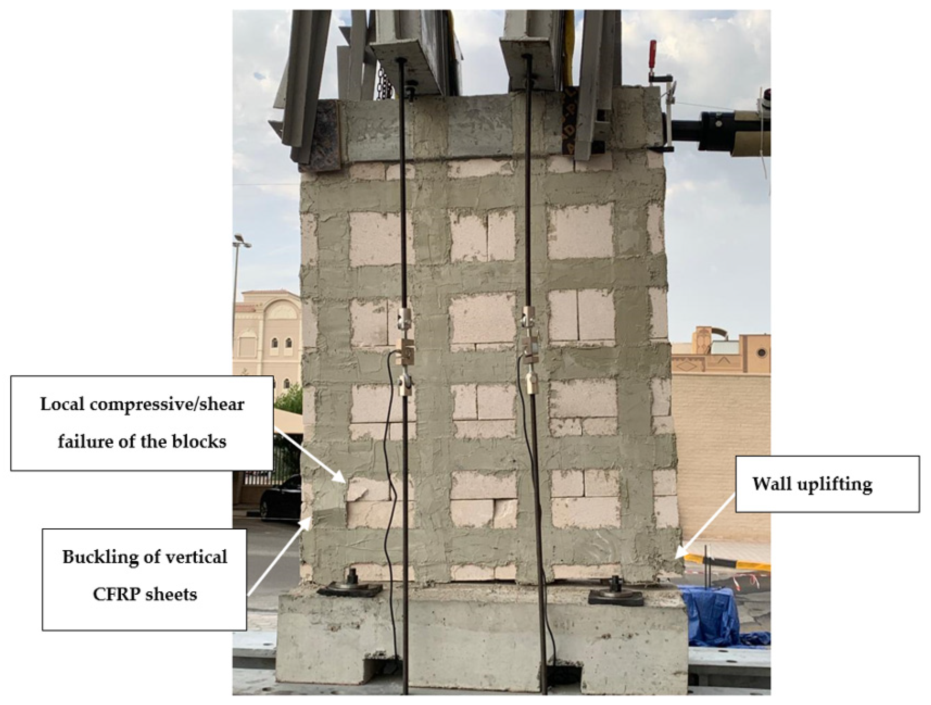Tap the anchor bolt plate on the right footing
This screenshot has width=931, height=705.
tap(617, 596)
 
